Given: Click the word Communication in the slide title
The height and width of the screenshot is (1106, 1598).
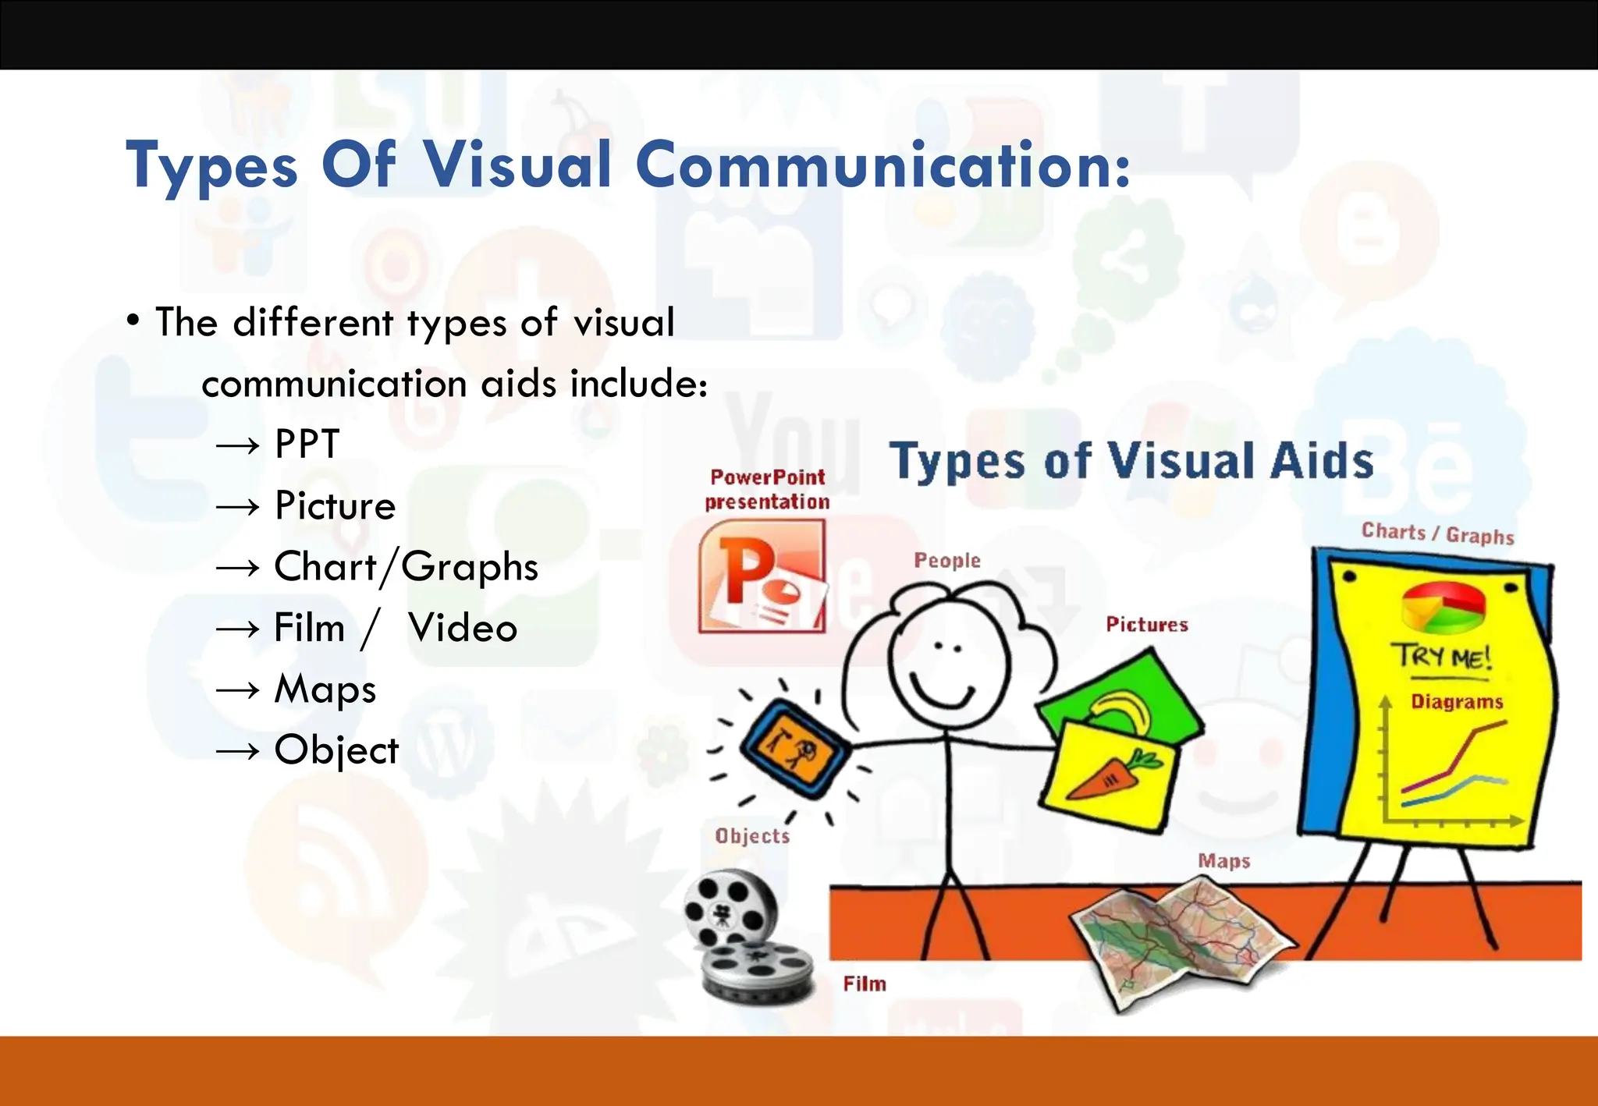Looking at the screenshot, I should (882, 165).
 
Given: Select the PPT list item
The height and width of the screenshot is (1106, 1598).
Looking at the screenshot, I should (307, 445).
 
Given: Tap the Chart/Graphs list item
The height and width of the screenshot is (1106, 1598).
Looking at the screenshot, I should (406, 567).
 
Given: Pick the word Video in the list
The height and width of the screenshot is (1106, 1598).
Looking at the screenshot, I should (463, 628).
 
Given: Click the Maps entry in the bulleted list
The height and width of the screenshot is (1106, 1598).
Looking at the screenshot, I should (325, 689).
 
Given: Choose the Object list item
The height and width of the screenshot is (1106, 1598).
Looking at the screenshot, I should (336, 750).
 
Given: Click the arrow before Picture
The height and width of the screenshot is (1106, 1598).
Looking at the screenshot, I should (237, 507).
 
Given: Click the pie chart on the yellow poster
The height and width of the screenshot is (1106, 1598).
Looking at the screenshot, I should (1444, 607).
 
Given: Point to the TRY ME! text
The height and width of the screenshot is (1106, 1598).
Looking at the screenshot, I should (1442, 657).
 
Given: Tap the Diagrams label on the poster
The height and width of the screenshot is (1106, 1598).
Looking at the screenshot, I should (1457, 702).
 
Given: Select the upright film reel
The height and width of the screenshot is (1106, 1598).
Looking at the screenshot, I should (730, 909).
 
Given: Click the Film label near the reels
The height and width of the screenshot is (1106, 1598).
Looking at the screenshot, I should (865, 984).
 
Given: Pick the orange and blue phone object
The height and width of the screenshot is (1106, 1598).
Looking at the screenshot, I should (794, 747).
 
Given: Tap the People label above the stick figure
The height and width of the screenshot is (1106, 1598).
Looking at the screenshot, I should (947, 560).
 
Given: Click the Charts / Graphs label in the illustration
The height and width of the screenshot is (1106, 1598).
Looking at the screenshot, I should (1437, 534).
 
